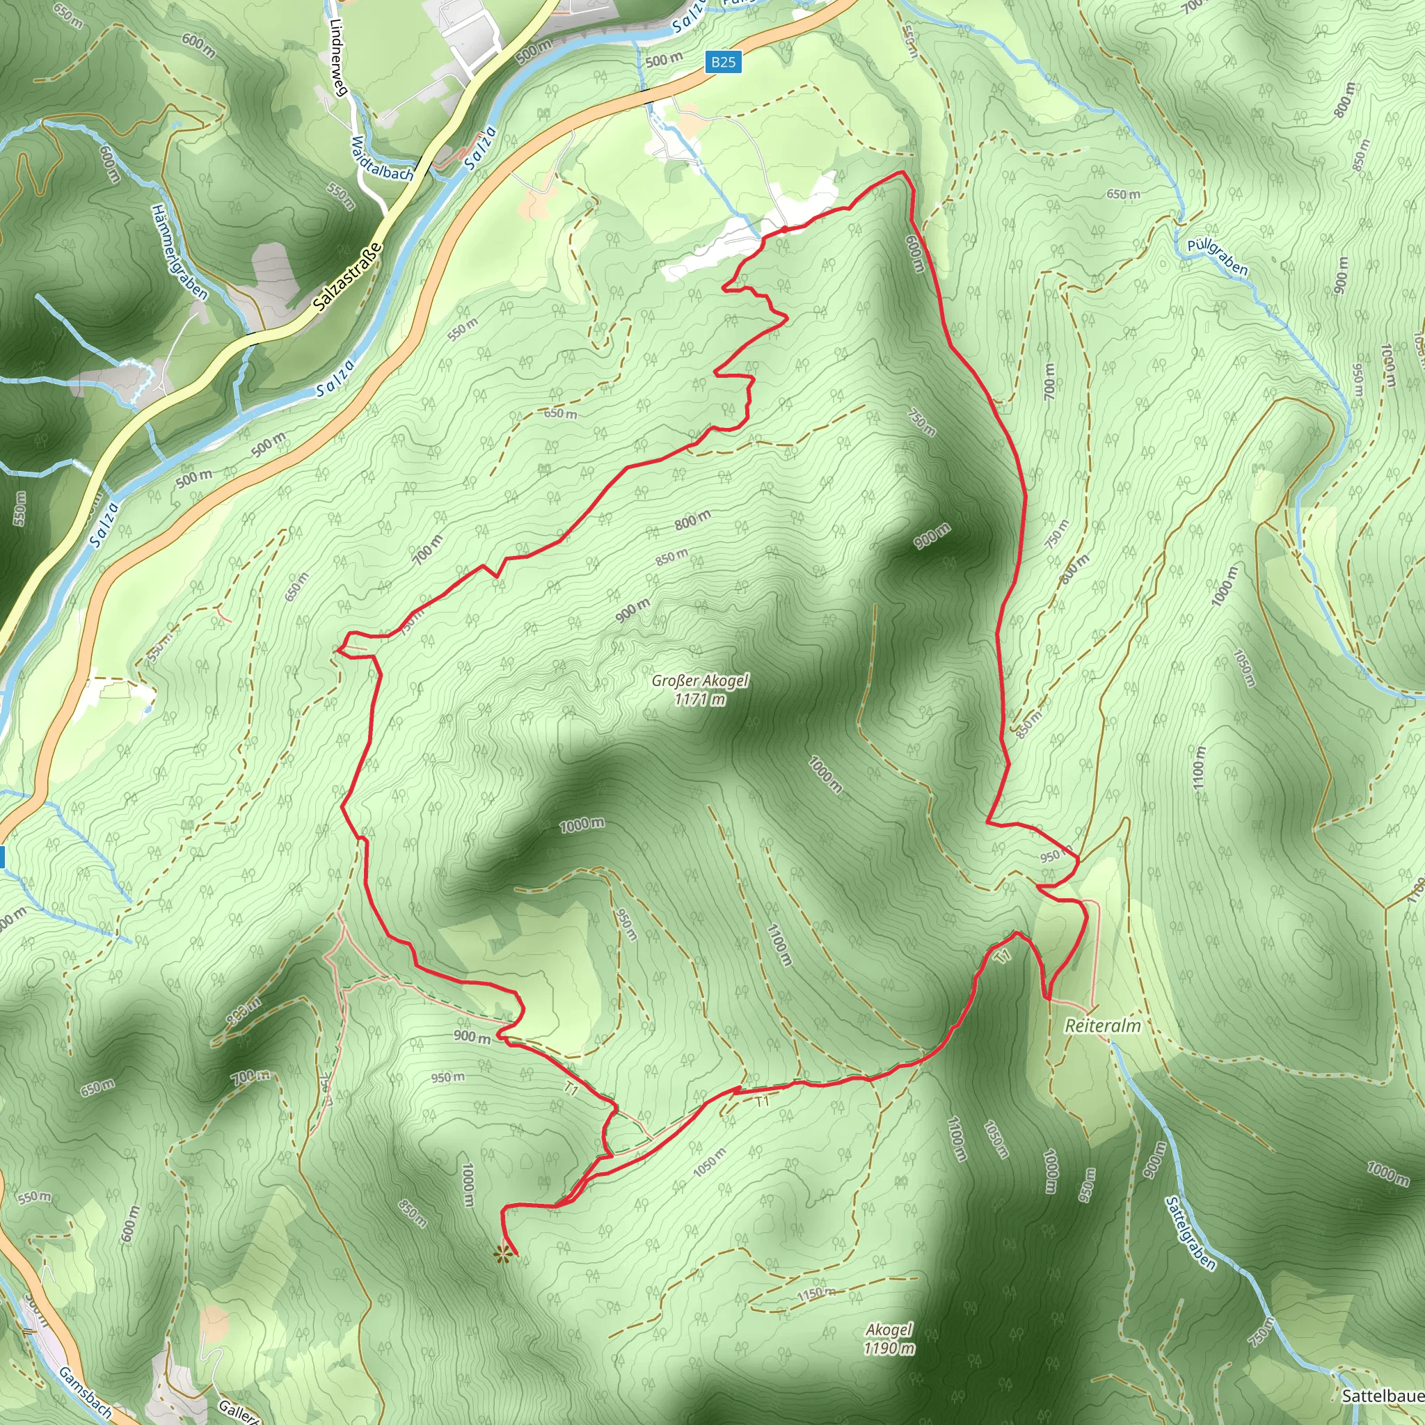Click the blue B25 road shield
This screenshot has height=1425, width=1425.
click(723, 62)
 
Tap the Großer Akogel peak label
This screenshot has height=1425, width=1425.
click(699, 680)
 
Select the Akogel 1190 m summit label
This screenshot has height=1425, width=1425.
click(889, 1339)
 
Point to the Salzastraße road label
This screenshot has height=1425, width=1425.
click(347, 276)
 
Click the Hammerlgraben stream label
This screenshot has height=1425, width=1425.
click(180, 251)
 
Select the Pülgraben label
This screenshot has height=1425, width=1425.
click(1217, 257)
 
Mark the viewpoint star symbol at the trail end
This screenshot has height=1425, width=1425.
click(503, 1255)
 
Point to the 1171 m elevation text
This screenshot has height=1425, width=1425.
click(699, 699)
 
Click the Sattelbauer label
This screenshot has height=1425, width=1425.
click(1383, 1396)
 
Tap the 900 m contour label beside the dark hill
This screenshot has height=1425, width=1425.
click(932, 536)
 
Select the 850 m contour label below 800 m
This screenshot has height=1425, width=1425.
click(671, 557)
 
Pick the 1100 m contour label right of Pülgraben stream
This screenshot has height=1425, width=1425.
click(1199, 767)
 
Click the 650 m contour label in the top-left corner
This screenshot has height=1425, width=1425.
click(68, 15)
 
